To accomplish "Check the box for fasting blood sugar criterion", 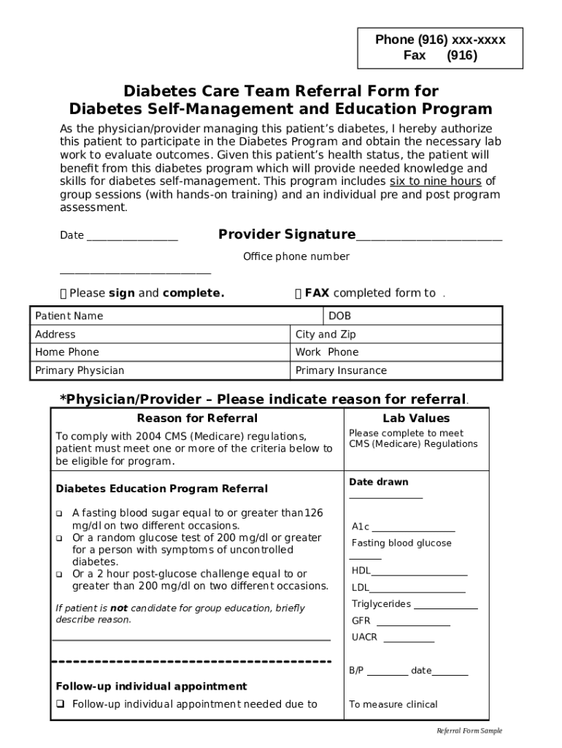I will [60, 514].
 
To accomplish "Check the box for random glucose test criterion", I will [60, 538].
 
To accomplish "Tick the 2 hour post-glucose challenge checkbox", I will [60, 574].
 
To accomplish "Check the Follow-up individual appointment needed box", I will [61, 704].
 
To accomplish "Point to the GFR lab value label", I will [361, 621].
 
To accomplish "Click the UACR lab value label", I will [364, 637].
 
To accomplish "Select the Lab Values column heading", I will [416, 419].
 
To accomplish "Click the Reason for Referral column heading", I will [197, 419].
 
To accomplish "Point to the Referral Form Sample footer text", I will [469, 731].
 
